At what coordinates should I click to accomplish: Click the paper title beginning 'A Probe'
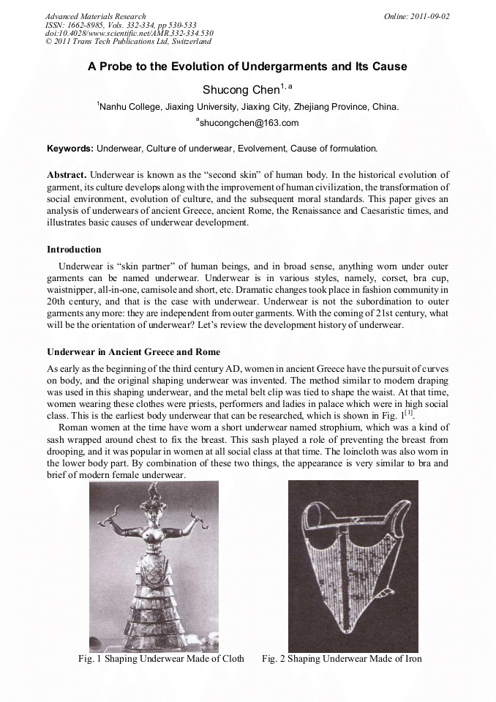coord(247,67)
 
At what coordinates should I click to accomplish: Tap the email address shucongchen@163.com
coord(247,123)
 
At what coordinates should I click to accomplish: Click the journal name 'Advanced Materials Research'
coord(95,16)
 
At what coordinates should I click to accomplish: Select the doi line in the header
coord(129,33)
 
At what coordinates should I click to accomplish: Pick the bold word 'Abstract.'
coord(67,176)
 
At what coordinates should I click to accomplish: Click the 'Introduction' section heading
coord(74,250)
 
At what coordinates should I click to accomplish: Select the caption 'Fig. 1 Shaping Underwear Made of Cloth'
coord(161,659)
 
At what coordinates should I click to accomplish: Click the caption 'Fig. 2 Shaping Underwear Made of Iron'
coord(342,659)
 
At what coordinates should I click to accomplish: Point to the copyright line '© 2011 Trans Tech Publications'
coord(127,41)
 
